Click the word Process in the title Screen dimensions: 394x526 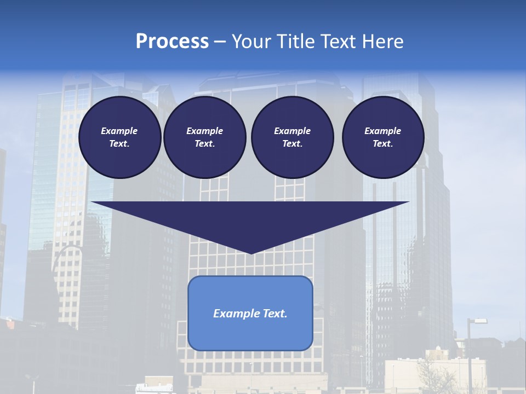click(172, 42)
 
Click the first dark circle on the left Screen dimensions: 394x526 click(119, 137)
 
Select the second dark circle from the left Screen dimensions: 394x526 click(204, 137)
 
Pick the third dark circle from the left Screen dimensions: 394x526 click(292, 137)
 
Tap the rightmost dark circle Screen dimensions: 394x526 click(383, 137)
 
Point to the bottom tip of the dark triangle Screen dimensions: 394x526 click(251, 253)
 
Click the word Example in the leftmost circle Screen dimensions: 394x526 click(119, 131)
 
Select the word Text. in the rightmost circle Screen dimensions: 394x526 click(383, 144)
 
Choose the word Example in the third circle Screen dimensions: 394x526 click(292, 131)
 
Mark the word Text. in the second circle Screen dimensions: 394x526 click(204, 144)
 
